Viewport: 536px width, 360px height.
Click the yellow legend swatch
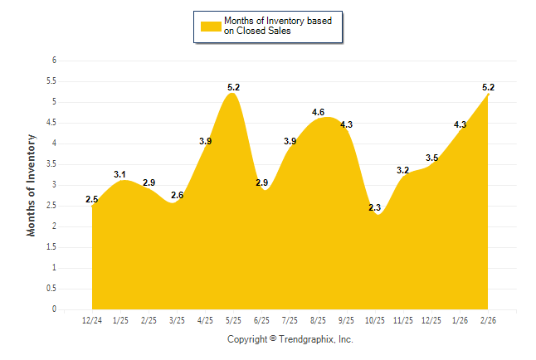[211, 26]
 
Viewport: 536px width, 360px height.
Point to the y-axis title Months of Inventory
[32, 185]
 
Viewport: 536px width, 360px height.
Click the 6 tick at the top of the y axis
[54, 61]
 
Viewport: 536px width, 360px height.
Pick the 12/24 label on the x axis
[92, 320]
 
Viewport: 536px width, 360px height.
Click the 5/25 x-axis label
[234, 320]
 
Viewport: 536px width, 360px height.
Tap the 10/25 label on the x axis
[376, 320]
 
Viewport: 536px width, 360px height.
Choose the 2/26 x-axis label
[489, 320]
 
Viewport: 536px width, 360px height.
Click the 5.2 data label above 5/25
[234, 86]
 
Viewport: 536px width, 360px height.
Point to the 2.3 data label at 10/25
[374, 207]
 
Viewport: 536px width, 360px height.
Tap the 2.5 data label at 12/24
[92, 199]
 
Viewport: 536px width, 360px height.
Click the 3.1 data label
[120, 174]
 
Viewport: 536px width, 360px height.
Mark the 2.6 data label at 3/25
[178, 195]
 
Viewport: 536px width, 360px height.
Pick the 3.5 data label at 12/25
[432, 158]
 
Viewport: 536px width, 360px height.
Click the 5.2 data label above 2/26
[489, 86]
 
